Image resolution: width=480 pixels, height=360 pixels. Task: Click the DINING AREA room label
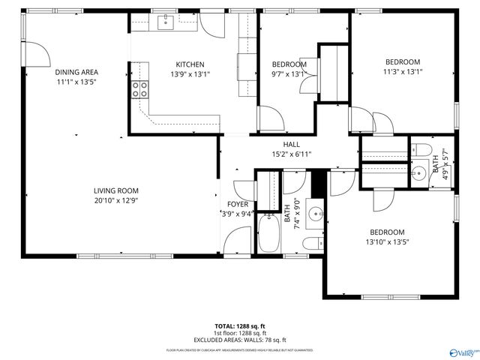(76, 73)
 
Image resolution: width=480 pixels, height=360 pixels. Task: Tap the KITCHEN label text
(190, 64)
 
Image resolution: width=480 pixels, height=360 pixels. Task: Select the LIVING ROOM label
(116, 190)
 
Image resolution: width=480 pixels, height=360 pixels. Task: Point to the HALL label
(291, 145)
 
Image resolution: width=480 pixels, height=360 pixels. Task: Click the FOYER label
(237, 204)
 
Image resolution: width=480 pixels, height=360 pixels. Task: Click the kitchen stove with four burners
(140, 91)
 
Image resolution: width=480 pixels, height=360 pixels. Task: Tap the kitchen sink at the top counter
(164, 22)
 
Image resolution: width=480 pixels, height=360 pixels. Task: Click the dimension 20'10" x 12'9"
(116, 200)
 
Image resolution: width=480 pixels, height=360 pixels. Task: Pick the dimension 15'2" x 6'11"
(291, 154)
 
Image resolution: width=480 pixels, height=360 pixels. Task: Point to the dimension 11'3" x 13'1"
(403, 72)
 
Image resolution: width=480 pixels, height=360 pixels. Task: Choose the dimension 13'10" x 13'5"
(386, 241)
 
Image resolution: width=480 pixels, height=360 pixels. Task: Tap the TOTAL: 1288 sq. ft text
(240, 326)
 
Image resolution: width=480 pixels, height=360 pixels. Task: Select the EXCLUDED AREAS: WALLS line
(240, 340)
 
